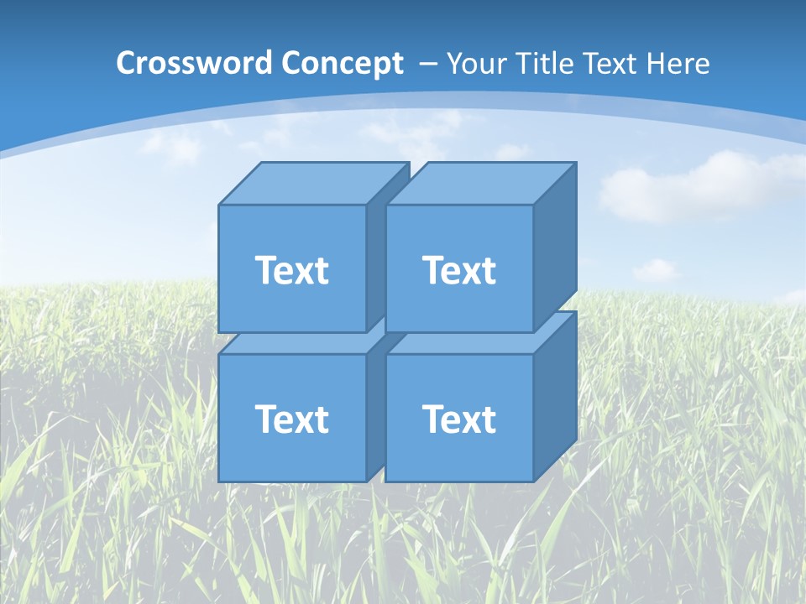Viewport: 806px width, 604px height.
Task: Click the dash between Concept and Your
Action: pos(427,64)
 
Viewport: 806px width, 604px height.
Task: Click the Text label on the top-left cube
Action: pos(291,270)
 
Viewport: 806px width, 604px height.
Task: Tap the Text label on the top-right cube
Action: pos(458,270)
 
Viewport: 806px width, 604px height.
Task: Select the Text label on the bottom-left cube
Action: pos(291,419)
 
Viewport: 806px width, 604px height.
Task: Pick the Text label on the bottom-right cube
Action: pos(458,419)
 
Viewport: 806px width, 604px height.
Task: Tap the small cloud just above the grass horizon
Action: pos(655,270)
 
